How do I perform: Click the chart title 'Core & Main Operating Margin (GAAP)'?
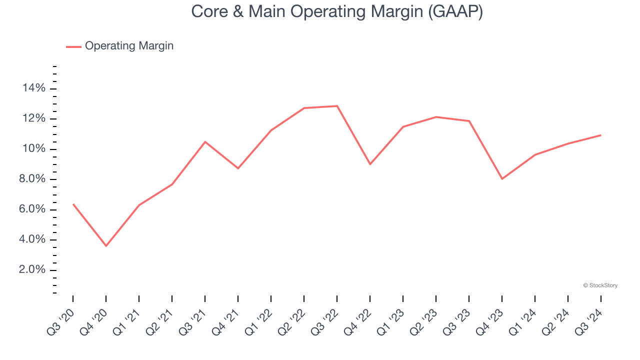pos(337,11)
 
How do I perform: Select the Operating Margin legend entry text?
pos(129,46)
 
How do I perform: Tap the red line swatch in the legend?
pos(73,46)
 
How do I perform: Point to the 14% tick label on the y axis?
pos(34,88)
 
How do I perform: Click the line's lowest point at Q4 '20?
pos(106,246)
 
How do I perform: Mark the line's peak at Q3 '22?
pos(337,106)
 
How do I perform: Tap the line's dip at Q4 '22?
pos(370,164)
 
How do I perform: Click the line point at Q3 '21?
pos(205,141)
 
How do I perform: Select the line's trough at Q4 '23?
pos(502,178)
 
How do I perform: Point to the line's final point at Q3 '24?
pos(600,135)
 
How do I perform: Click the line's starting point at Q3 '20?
pos(73,204)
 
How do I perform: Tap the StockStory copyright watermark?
pos(600,285)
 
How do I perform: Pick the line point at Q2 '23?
pos(436,117)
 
